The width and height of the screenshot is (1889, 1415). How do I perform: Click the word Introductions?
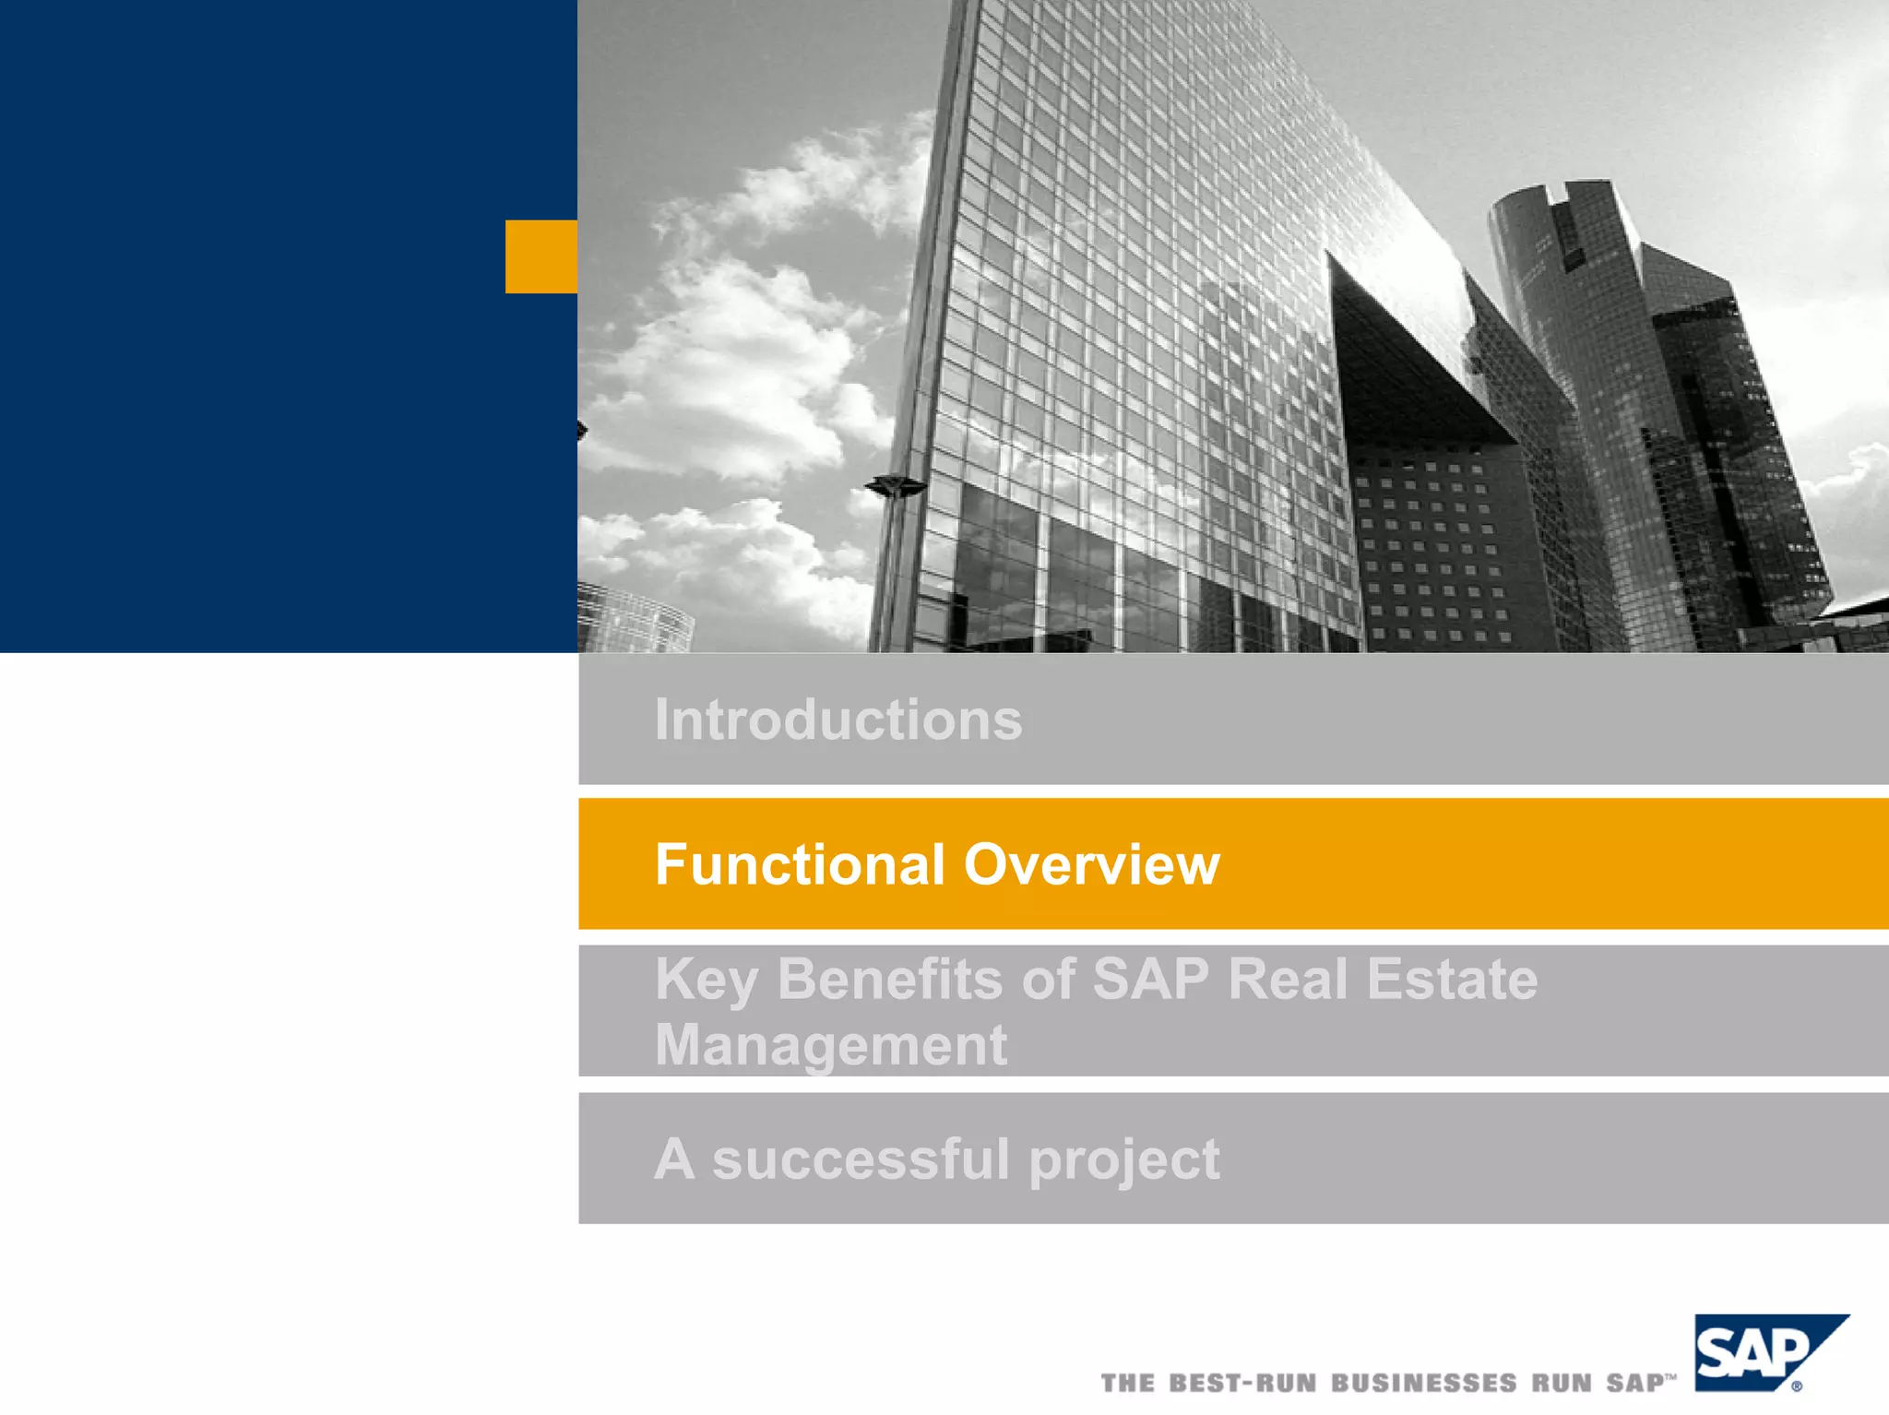coord(838,719)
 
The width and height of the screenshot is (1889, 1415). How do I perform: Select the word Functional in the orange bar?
coord(800,864)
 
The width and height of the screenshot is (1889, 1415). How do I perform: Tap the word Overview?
coord(1091,864)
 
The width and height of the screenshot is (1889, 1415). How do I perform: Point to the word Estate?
coord(1452,979)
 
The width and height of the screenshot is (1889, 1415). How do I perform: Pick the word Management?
coord(830,1045)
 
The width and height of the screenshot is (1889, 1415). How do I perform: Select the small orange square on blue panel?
coord(541,256)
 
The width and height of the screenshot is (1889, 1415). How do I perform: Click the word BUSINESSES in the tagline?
coord(1423,1383)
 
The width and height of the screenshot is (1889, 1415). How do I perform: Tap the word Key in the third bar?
coord(706,981)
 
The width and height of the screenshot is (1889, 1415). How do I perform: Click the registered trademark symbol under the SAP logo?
coord(1797,1385)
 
